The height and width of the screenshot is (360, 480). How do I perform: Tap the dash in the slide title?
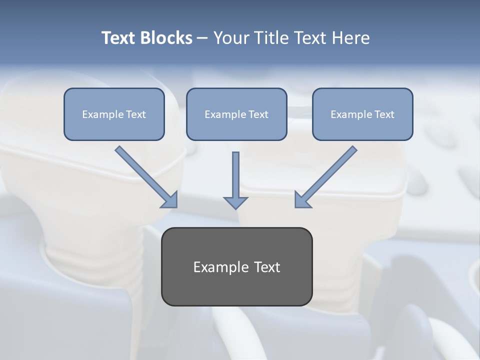tap(202, 38)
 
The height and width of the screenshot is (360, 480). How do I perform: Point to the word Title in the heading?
tap(269, 38)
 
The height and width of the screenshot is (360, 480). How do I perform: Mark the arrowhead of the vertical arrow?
tap(235, 202)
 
